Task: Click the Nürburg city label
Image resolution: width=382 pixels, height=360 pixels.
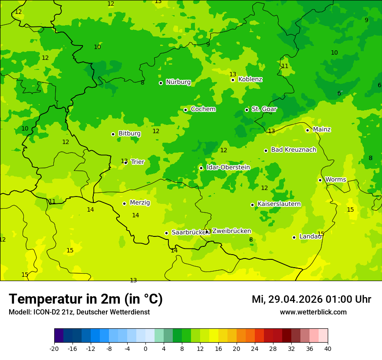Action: [178, 82]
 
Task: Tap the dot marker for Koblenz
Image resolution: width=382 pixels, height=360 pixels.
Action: [233, 80]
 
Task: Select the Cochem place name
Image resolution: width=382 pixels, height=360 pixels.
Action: [203, 109]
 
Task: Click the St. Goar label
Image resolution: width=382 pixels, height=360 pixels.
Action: [264, 109]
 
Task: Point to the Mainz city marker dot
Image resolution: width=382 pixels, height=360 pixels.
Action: [307, 130]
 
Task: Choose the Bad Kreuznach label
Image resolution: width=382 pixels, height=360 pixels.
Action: [293, 150]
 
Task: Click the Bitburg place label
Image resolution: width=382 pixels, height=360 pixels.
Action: [129, 134]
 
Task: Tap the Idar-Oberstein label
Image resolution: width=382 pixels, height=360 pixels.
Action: [228, 167]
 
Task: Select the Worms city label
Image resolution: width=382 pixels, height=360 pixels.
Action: [336, 180]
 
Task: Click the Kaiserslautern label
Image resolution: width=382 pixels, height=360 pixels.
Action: [279, 204]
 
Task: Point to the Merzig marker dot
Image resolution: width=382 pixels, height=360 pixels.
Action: [124, 203]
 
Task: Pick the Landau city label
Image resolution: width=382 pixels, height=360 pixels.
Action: [310, 237]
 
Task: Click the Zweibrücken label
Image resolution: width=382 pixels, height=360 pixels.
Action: [231, 231]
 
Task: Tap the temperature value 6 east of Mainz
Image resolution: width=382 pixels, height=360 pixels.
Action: [339, 94]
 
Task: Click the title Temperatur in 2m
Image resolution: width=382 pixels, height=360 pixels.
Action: [86, 299]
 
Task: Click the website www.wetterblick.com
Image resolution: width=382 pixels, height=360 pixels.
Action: [313, 312]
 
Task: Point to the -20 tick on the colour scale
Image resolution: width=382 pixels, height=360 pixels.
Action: [54, 348]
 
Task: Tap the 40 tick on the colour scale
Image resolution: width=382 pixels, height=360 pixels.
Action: [328, 348]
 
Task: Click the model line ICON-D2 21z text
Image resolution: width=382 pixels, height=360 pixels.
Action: [79, 312]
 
